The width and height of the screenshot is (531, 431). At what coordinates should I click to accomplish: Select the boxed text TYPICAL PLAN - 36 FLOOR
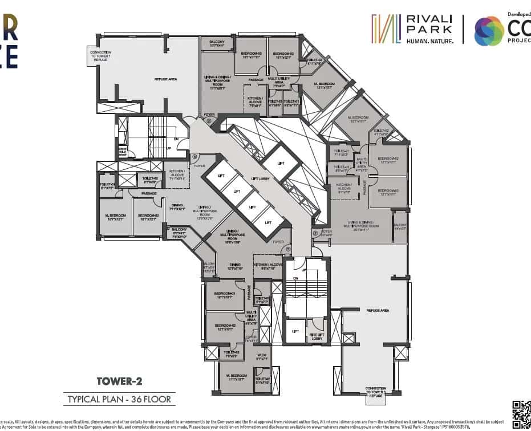[119, 399]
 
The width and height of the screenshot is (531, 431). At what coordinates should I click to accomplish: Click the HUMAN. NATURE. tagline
[430, 41]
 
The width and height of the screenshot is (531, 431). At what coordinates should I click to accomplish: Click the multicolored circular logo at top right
[489, 31]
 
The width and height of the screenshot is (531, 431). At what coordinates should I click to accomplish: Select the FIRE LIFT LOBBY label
[317, 337]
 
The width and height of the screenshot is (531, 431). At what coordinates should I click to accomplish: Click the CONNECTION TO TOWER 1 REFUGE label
[100, 56]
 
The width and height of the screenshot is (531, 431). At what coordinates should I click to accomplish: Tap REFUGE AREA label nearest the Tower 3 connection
[378, 310]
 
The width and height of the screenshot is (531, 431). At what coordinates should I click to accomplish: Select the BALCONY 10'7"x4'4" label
[217, 44]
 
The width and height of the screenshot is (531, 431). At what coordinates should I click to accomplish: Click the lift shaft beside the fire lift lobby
[295, 331]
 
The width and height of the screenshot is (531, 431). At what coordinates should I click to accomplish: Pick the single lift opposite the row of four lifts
[281, 162]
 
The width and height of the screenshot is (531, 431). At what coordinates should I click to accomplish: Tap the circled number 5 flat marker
[289, 249]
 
